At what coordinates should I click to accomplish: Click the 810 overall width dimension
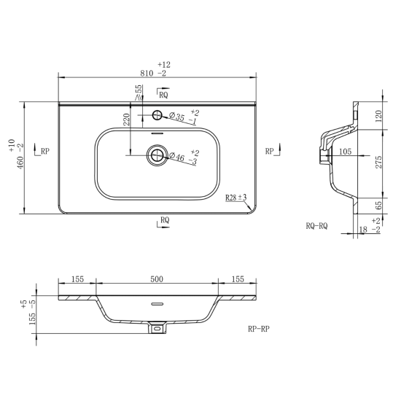pyautogui.click(x=147, y=74)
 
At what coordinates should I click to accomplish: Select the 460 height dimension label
pyautogui.click(x=20, y=163)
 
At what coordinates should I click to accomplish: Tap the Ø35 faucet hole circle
pyautogui.click(x=157, y=115)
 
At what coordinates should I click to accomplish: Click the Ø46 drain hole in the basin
pyautogui.click(x=157, y=155)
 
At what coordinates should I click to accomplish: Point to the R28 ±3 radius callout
pyautogui.click(x=235, y=198)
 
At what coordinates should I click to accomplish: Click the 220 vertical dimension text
pyautogui.click(x=127, y=120)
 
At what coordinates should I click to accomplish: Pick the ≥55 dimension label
pyautogui.click(x=138, y=93)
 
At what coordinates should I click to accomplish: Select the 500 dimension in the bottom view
pyautogui.click(x=157, y=279)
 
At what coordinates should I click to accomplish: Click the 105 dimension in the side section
pyautogui.click(x=346, y=152)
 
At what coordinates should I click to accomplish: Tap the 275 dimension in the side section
pyautogui.click(x=378, y=162)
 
